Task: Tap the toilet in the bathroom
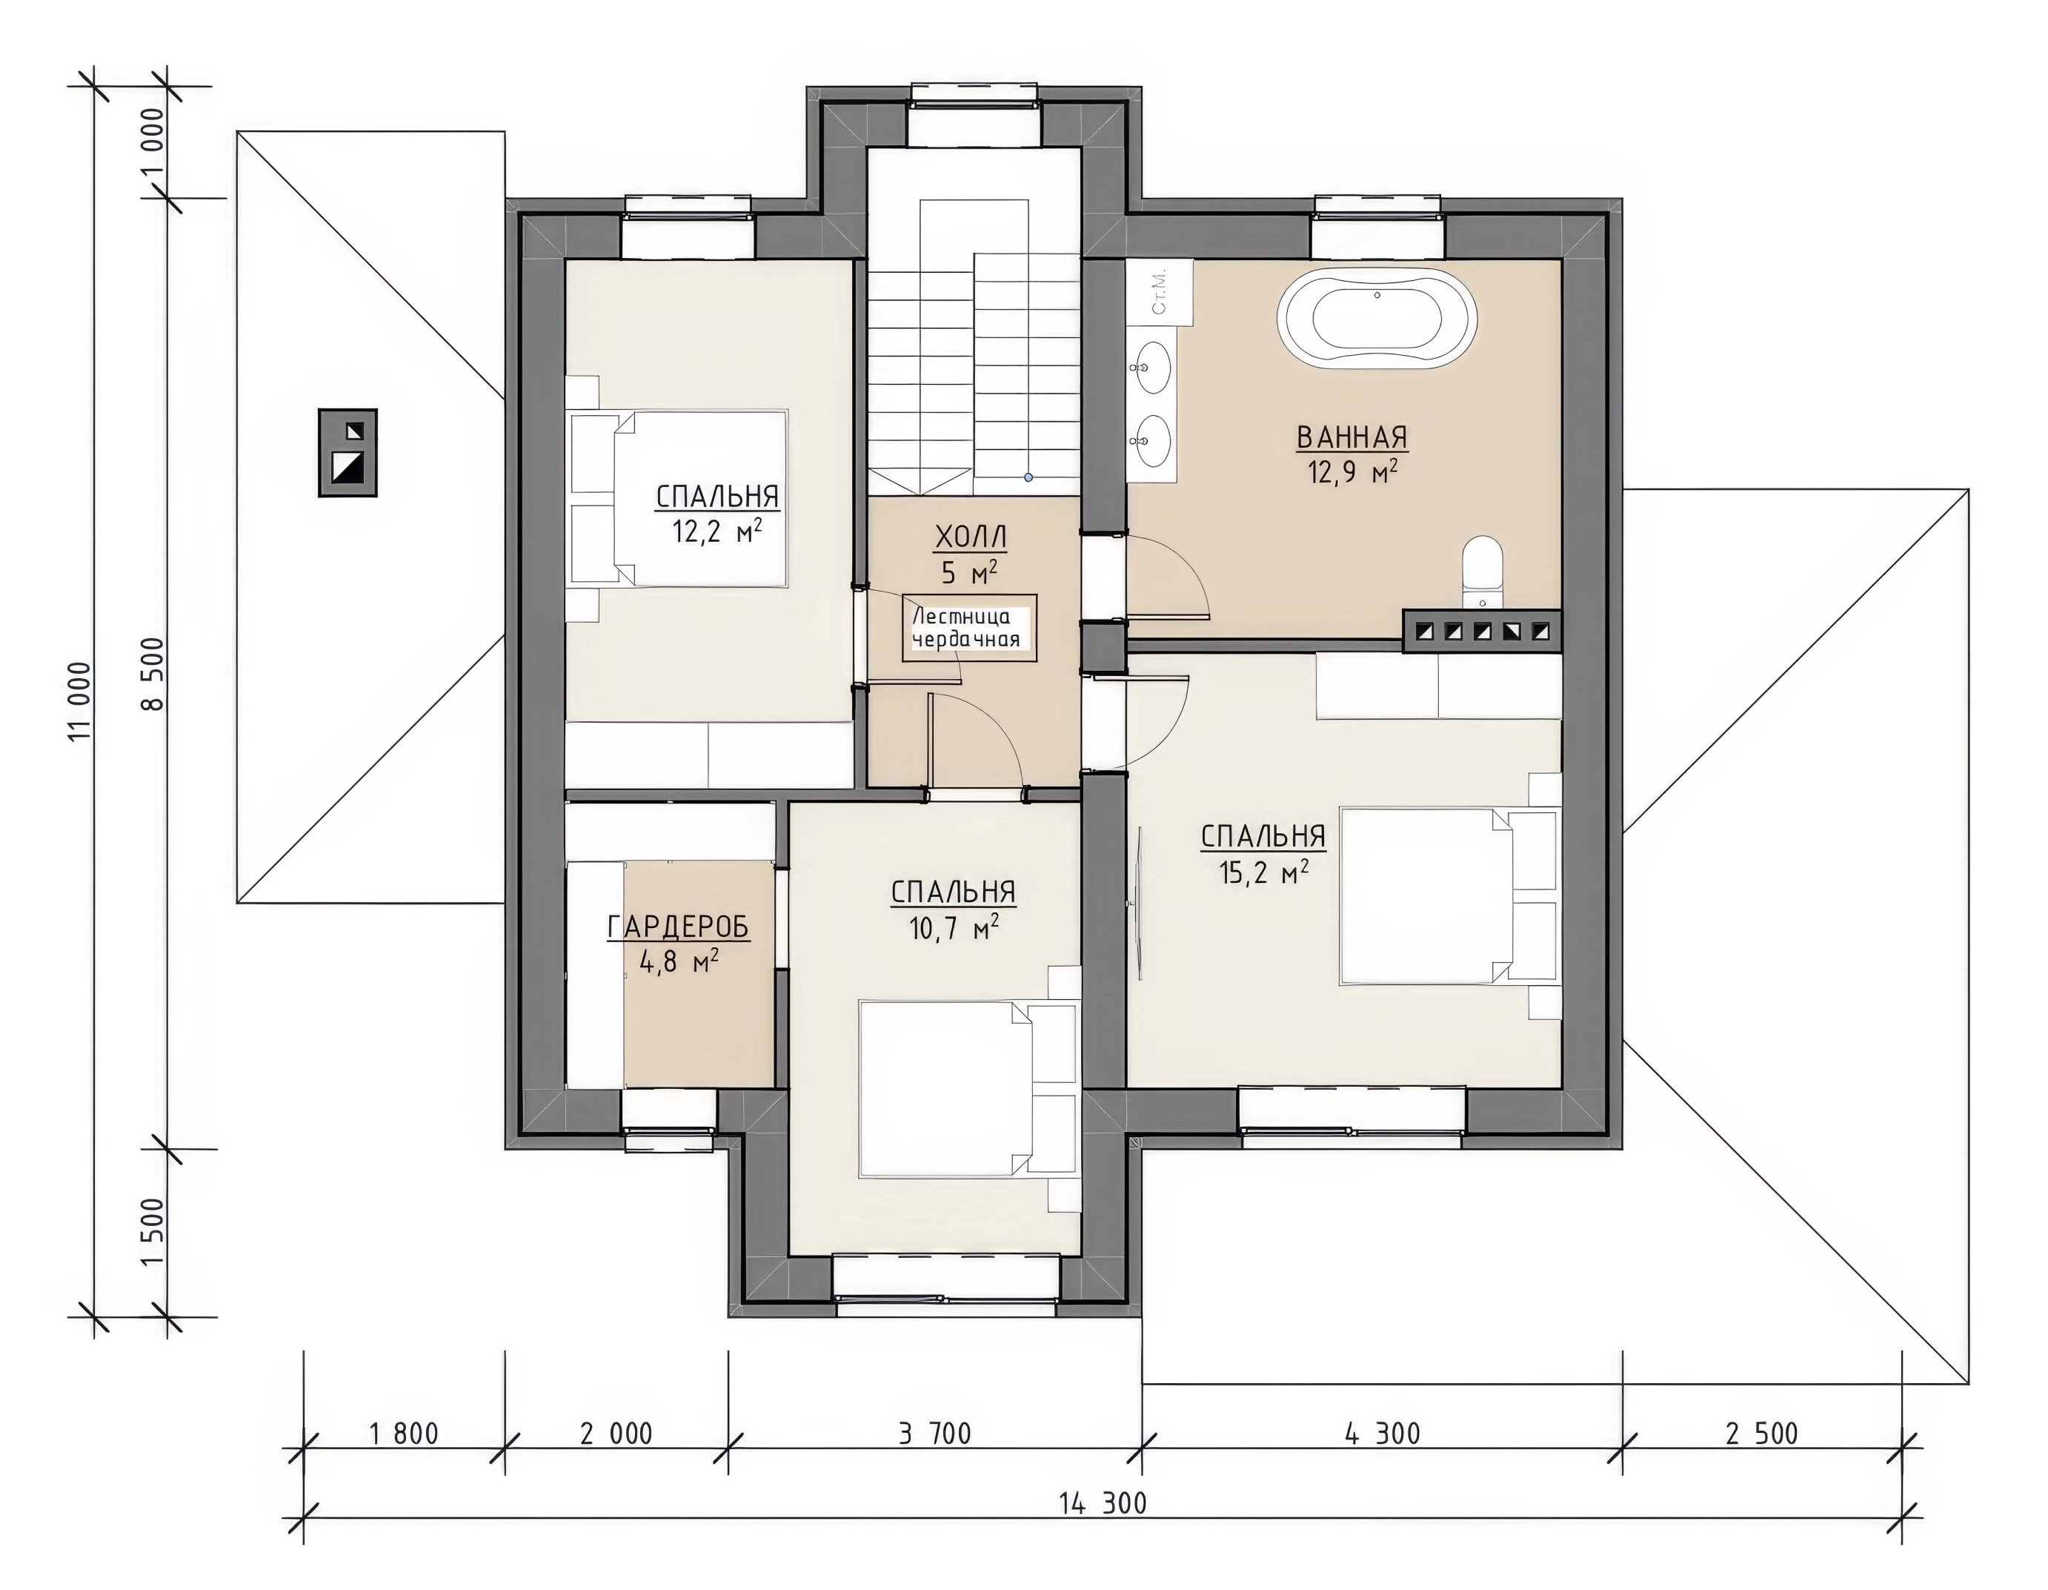(x=1483, y=572)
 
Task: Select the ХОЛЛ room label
(x=971, y=537)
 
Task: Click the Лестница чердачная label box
(x=970, y=628)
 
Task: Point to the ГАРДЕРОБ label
(x=679, y=927)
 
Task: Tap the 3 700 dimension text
(x=934, y=1434)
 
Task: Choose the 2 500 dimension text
(x=1762, y=1434)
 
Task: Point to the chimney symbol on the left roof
(x=348, y=452)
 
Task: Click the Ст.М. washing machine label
(x=1159, y=292)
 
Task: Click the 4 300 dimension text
(x=1383, y=1434)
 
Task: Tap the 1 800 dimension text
(x=404, y=1434)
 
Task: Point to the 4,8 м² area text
(x=679, y=961)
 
